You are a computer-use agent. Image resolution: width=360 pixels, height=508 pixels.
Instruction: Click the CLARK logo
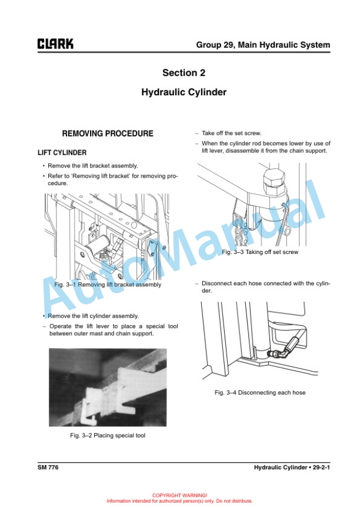(x=55, y=44)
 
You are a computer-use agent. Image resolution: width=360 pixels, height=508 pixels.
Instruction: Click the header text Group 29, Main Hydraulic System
(x=263, y=45)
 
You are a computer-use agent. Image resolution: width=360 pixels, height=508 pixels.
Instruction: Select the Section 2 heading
(x=184, y=72)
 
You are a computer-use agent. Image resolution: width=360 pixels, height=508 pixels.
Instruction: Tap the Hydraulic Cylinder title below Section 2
(x=184, y=92)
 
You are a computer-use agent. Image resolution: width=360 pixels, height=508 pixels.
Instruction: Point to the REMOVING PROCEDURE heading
(x=108, y=133)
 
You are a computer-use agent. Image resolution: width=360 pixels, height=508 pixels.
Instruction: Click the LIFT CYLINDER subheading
(x=62, y=153)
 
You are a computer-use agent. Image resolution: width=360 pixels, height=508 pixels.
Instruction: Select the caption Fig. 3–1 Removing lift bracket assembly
(x=108, y=285)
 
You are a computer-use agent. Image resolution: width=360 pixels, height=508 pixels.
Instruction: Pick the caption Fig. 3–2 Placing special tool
(x=108, y=436)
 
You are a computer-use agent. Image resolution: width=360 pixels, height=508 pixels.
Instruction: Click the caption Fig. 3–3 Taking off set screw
(x=260, y=252)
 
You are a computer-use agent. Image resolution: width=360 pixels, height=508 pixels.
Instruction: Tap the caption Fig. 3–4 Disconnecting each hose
(x=260, y=392)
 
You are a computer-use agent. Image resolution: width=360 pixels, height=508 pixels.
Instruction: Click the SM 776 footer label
(x=48, y=467)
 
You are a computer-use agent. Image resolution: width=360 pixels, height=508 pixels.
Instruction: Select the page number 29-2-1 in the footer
(x=321, y=467)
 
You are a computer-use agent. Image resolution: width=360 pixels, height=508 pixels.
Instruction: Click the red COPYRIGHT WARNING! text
(x=179, y=495)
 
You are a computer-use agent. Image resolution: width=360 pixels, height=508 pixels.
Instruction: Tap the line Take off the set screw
(x=231, y=133)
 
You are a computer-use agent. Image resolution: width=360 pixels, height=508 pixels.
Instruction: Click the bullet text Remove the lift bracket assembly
(x=93, y=166)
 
